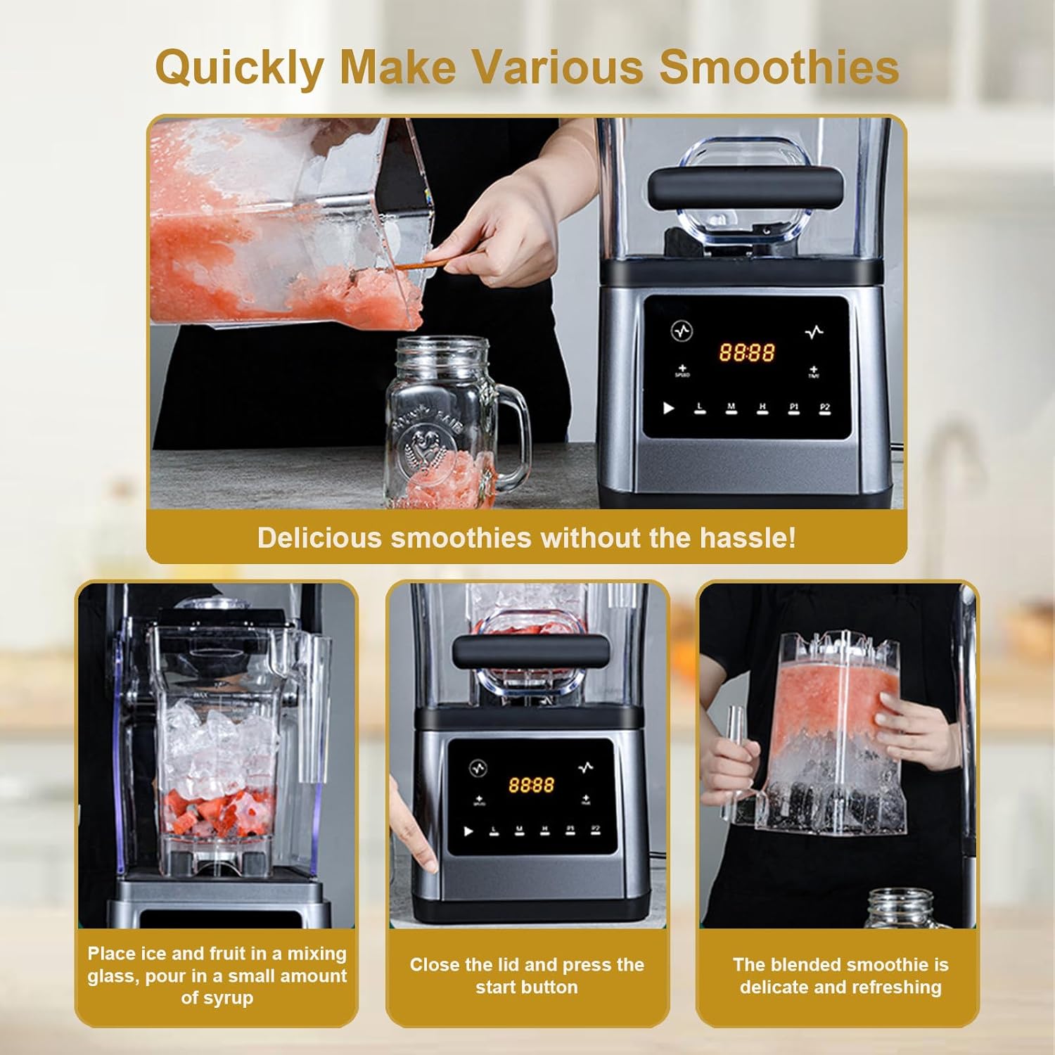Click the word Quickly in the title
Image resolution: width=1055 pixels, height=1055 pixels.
[239, 68]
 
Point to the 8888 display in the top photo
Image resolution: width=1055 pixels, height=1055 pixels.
[746, 352]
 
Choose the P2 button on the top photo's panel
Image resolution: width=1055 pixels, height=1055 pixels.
[825, 408]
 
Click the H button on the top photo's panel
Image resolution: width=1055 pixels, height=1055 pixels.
[762, 408]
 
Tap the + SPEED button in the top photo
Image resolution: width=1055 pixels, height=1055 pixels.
[682, 371]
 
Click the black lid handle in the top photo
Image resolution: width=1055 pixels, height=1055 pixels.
[745, 188]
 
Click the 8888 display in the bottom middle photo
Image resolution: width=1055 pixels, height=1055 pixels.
[531, 784]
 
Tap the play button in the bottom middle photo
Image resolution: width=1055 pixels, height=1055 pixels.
[468, 831]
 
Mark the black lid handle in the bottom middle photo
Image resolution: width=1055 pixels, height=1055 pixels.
[530, 651]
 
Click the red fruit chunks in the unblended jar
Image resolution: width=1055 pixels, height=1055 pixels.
[218, 809]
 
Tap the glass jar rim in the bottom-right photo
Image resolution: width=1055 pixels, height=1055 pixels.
[900, 897]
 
